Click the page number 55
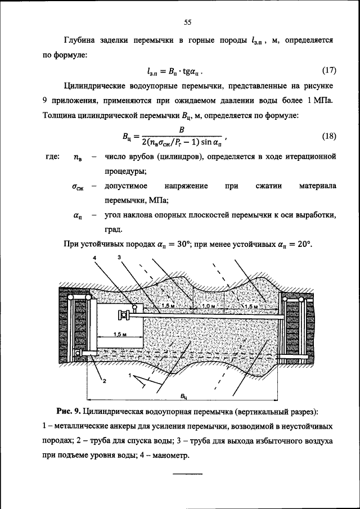click(188, 22)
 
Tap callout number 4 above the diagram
click(95, 257)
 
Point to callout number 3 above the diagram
click(119, 257)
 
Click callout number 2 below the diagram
click(103, 380)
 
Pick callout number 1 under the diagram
click(130, 375)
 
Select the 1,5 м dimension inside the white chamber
click(119, 334)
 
